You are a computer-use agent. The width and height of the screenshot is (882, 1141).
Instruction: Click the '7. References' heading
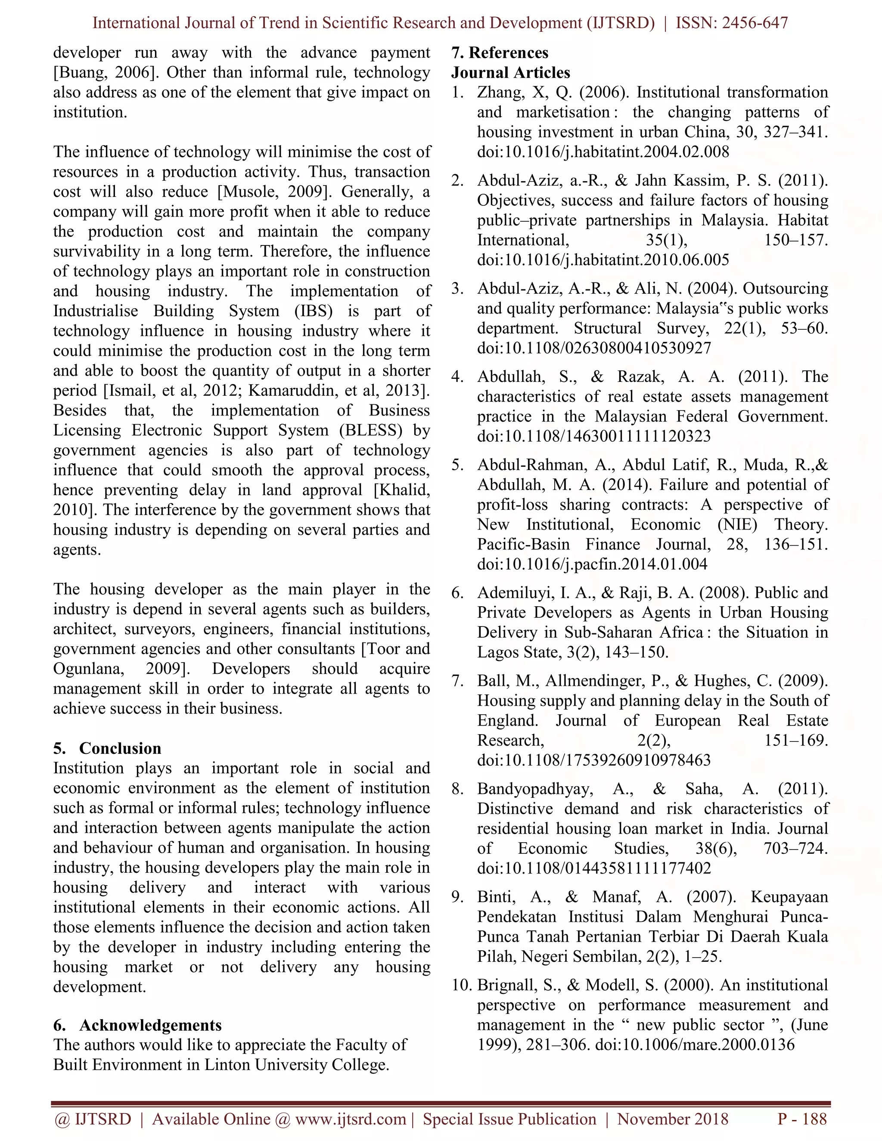point(500,53)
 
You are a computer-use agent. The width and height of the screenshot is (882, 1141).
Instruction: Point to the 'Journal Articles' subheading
point(510,73)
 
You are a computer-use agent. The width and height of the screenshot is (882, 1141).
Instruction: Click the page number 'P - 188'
point(802,1119)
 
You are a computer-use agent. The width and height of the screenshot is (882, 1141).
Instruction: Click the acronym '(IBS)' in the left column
point(313,311)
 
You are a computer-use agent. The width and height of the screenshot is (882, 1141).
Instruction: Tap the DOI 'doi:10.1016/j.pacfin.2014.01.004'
point(592,564)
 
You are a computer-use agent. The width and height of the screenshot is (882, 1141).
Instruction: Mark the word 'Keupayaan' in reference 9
point(789,897)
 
